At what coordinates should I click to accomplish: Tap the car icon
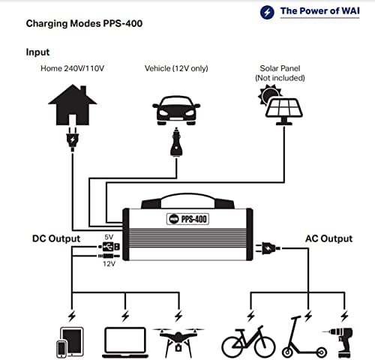[176, 110]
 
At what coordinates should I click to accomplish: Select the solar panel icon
[280, 105]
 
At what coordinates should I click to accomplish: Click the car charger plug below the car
[176, 142]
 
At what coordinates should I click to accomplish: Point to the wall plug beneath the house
[73, 139]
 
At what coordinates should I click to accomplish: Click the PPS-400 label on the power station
[187, 219]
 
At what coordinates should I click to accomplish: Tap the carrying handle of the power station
[187, 201]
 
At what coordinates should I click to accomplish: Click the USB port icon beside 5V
[109, 247]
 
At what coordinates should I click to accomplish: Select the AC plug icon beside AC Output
[268, 248]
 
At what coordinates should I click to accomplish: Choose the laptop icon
[125, 343]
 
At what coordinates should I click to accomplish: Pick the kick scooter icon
[304, 337]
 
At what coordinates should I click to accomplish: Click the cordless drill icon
[340, 343]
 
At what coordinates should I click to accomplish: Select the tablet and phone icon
[70, 343]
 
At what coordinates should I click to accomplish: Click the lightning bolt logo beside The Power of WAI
[267, 12]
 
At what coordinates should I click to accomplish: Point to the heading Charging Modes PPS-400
[84, 24]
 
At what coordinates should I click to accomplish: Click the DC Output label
[56, 238]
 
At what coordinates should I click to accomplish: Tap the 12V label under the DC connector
[109, 264]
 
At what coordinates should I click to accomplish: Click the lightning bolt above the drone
[178, 316]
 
